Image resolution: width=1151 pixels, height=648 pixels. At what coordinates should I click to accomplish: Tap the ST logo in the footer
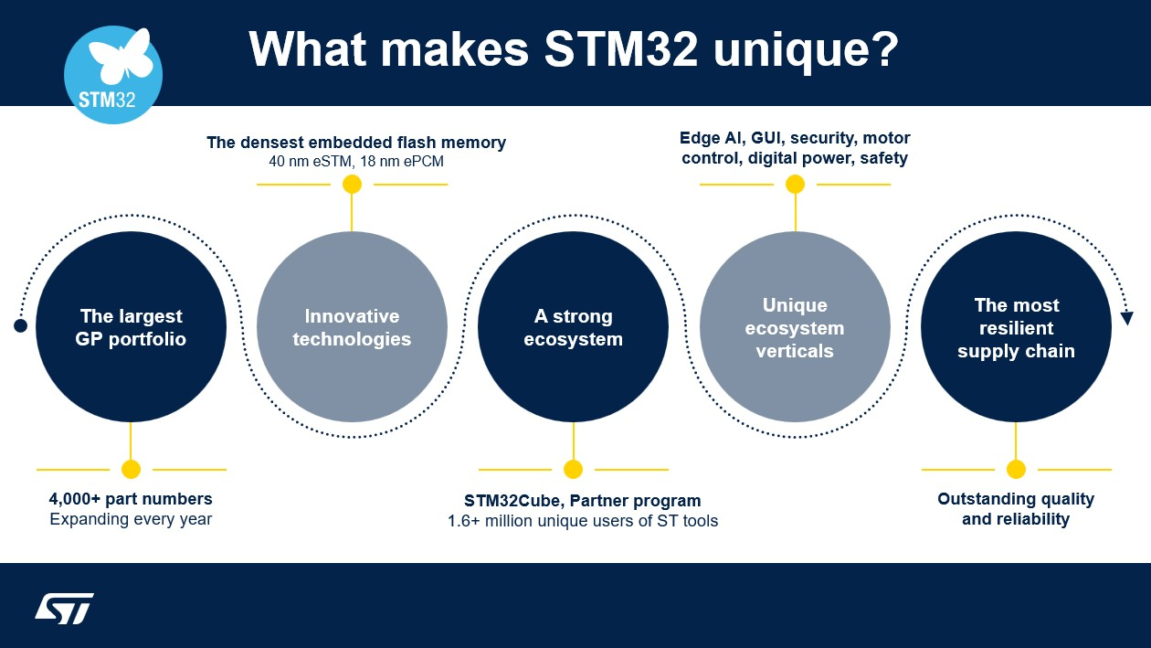tap(65, 608)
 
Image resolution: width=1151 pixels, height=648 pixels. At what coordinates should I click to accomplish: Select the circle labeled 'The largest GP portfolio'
tap(131, 327)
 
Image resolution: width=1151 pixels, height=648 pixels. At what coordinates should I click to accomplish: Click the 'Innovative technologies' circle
tap(352, 327)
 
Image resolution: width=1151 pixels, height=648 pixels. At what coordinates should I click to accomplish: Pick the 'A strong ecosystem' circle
tap(573, 327)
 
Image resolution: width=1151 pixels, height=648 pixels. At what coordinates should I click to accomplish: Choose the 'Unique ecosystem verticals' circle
tap(795, 327)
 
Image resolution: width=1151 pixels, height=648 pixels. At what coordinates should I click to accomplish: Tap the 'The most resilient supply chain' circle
tap(1016, 327)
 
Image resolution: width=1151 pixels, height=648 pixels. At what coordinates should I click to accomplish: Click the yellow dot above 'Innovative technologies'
tap(352, 185)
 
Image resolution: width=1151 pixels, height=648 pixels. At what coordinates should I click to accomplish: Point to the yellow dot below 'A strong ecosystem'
tap(573, 470)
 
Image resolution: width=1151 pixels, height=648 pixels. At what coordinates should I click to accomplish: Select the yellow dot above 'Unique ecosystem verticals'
tap(795, 185)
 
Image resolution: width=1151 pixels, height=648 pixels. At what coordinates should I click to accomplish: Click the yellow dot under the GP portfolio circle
tap(131, 470)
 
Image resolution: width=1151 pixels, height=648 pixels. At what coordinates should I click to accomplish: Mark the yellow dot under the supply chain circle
tap(1016, 470)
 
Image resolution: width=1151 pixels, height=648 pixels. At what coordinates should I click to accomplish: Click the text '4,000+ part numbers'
tap(131, 499)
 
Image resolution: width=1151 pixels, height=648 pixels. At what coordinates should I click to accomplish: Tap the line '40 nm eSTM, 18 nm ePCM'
tap(356, 162)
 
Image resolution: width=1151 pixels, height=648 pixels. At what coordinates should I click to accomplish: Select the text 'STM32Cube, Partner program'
tap(582, 501)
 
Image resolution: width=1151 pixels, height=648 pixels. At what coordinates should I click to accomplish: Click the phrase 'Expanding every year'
tap(131, 520)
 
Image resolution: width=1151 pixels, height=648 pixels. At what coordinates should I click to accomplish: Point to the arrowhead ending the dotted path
tap(1126, 318)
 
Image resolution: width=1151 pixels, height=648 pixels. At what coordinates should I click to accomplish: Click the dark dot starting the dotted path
tap(20, 325)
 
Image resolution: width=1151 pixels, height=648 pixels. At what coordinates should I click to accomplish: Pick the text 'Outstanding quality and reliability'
tap(1016, 509)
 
